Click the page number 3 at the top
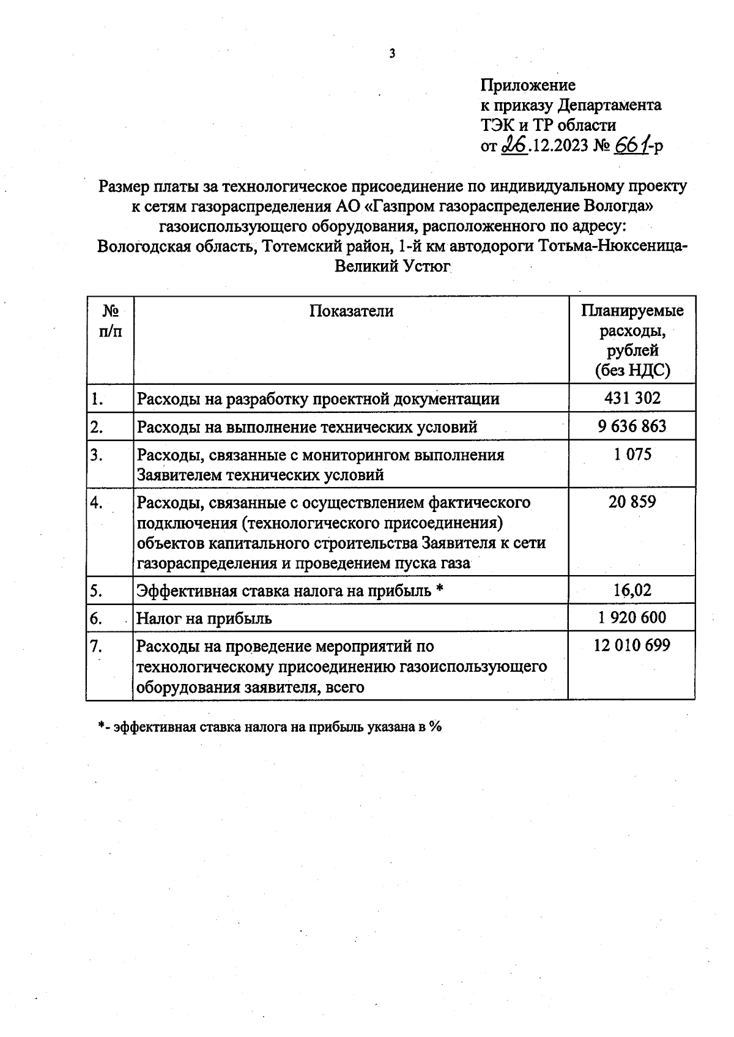(x=392, y=54)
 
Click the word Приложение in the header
(x=528, y=84)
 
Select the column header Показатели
(x=351, y=311)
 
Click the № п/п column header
(x=110, y=321)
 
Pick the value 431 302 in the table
(x=632, y=398)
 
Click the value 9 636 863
(x=632, y=426)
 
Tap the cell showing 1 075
(x=632, y=455)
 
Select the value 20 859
(x=632, y=502)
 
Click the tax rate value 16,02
(x=632, y=590)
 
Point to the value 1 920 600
(x=632, y=618)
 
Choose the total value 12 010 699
(x=632, y=645)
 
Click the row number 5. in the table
(x=96, y=591)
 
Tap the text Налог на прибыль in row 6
(x=204, y=619)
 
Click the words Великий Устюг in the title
(x=392, y=267)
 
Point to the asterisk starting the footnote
(x=101, y=726)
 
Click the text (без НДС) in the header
(x=632, y=371)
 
